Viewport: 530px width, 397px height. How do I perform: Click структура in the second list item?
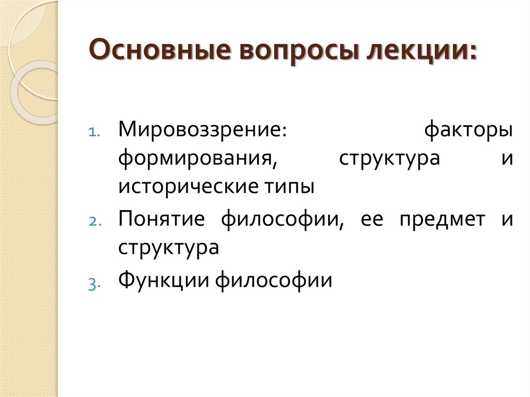click(x=169, y=247)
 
